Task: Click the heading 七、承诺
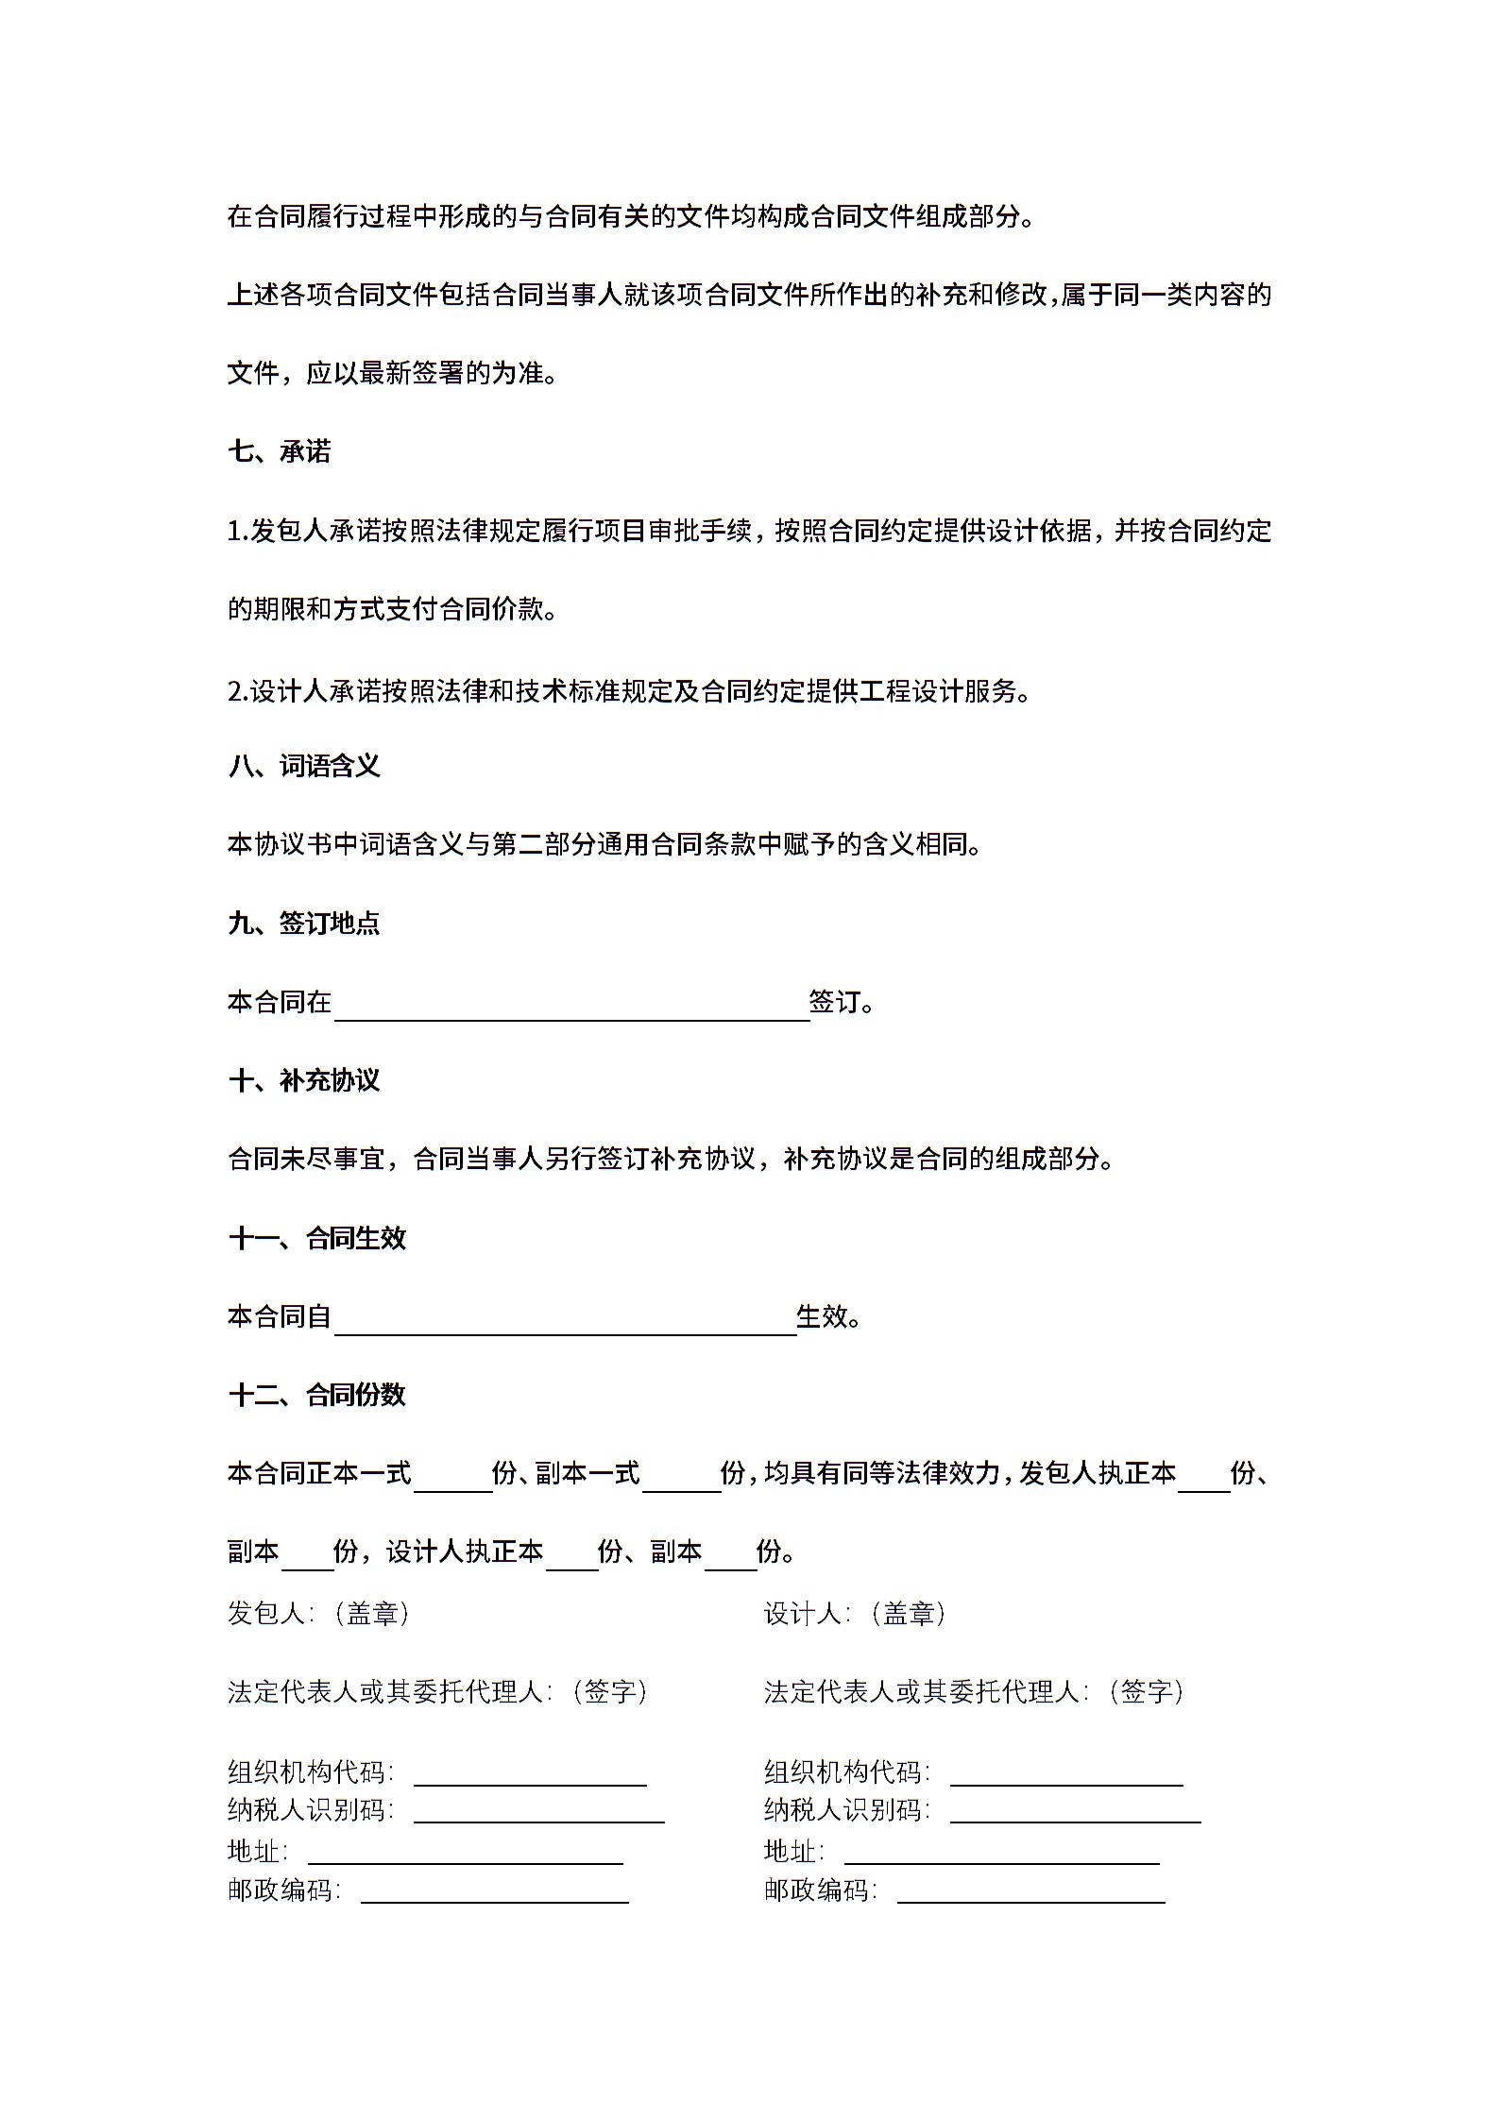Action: coord(279,451)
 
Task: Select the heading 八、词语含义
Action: coord(303,766)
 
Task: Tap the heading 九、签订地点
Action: coord(303,923)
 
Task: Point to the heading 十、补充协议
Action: coord(303,1080)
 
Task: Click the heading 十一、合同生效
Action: coord(316,1238)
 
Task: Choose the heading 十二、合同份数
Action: coord(316,1395)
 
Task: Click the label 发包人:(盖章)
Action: coord(318,1614)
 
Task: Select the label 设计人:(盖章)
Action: coord(855,1614)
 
